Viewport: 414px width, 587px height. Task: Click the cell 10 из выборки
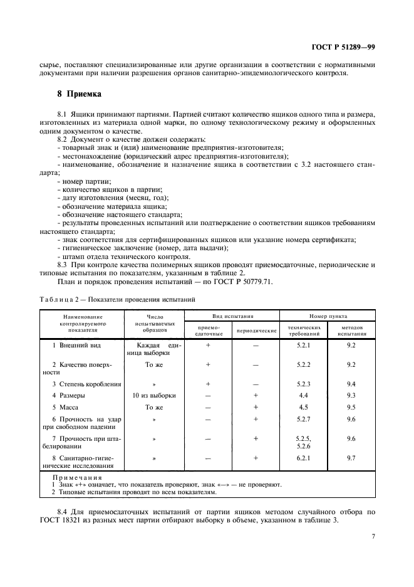coord(154,395)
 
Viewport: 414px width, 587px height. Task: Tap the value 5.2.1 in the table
coord(304,345)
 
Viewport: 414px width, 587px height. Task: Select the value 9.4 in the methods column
coord(351,383)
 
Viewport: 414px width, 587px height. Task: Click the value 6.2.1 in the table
coord(304,458)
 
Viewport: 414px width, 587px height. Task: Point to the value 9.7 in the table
coord(351,458)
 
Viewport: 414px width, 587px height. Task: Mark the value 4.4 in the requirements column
coord(304,395)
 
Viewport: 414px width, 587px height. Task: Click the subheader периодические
coord(256,330)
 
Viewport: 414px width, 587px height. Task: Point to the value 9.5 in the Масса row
coord(351,406)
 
